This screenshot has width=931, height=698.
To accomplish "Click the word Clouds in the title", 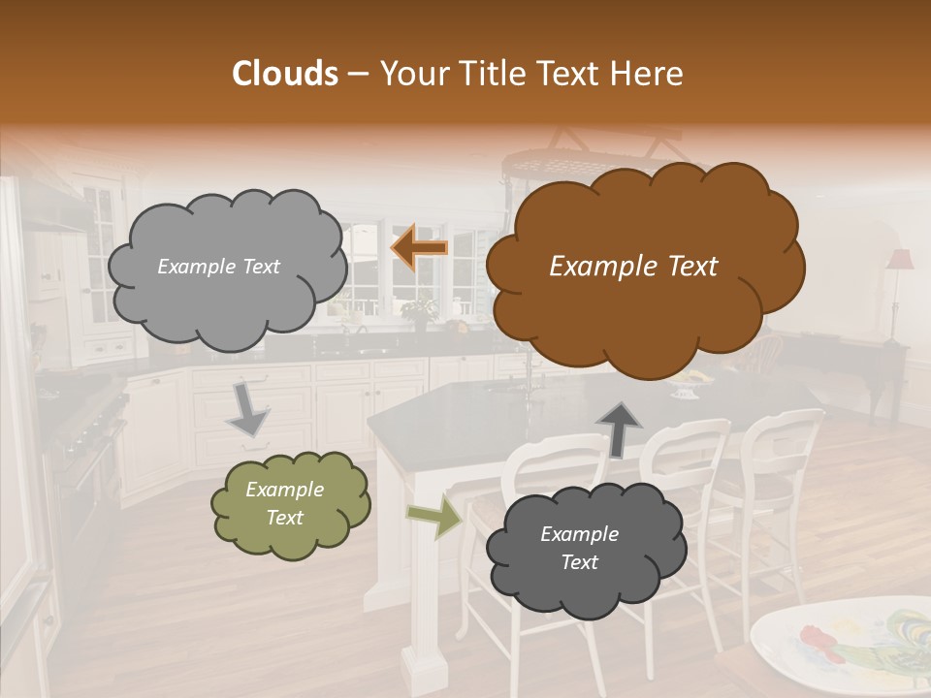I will pyautogui.click(x=284, y=74).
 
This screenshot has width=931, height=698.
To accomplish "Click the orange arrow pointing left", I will pyautogui.click(x=419, y=248).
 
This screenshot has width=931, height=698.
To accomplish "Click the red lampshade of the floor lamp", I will pyautogui.click(x=900, y=260).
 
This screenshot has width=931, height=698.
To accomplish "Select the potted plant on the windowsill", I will pyautogui.click(x=421, y=310).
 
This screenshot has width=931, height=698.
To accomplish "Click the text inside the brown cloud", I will pyautogui.click(x=633, y=267).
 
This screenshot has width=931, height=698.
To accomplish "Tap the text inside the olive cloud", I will pyautogui.click(x=284, y=503).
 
